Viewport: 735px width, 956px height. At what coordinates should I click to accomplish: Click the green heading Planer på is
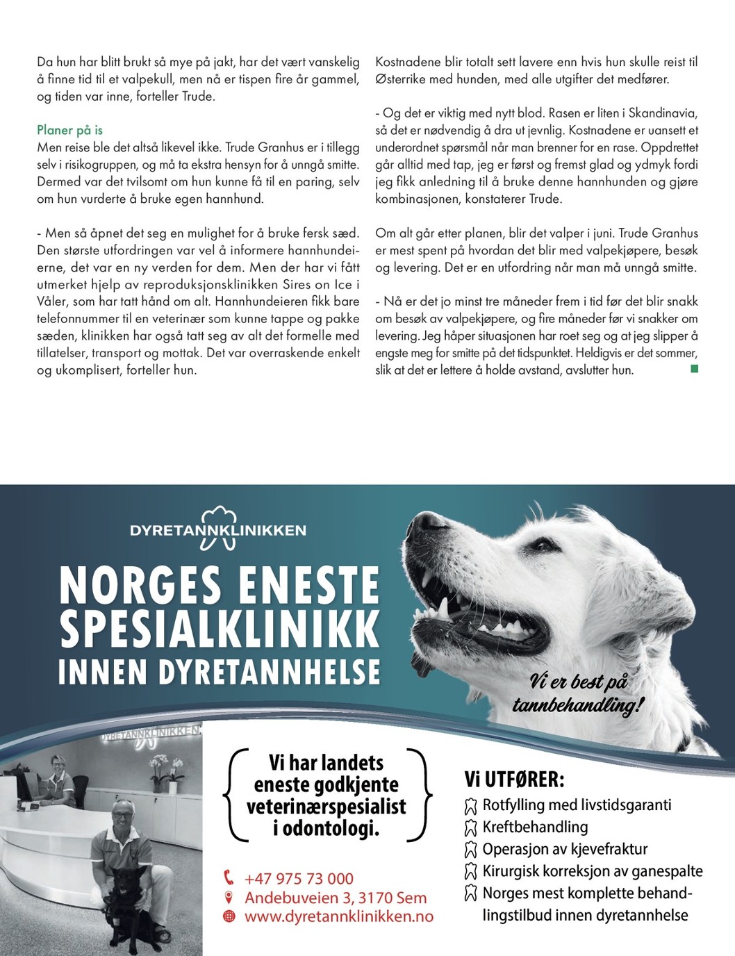pos(69,130)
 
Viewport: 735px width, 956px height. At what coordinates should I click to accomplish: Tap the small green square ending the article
pos(694,369)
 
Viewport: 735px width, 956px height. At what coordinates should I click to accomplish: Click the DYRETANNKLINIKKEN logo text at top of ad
pos(217,530)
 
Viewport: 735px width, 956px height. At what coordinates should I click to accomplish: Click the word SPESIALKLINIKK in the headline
pos(220,629)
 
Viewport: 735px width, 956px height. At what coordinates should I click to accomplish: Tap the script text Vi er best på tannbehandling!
pos(578,693)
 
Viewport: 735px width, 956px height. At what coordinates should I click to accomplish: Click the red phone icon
pos(229,878)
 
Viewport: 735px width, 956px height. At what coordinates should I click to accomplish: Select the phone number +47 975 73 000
pos(299,879)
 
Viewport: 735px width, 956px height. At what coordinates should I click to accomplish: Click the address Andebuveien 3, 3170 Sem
pos(336,898)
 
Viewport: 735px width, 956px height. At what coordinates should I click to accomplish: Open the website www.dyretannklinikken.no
pos(338,916)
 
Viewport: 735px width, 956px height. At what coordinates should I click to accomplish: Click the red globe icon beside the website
pos(229,916)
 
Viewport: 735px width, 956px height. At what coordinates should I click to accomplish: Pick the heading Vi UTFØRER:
pos(514,780)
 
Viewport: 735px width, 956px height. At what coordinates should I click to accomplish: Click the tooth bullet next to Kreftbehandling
pos(470,827)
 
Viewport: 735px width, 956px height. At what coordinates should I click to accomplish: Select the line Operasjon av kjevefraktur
pos(565,849)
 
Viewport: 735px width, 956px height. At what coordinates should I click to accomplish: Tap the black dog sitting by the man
pos(129,903)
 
